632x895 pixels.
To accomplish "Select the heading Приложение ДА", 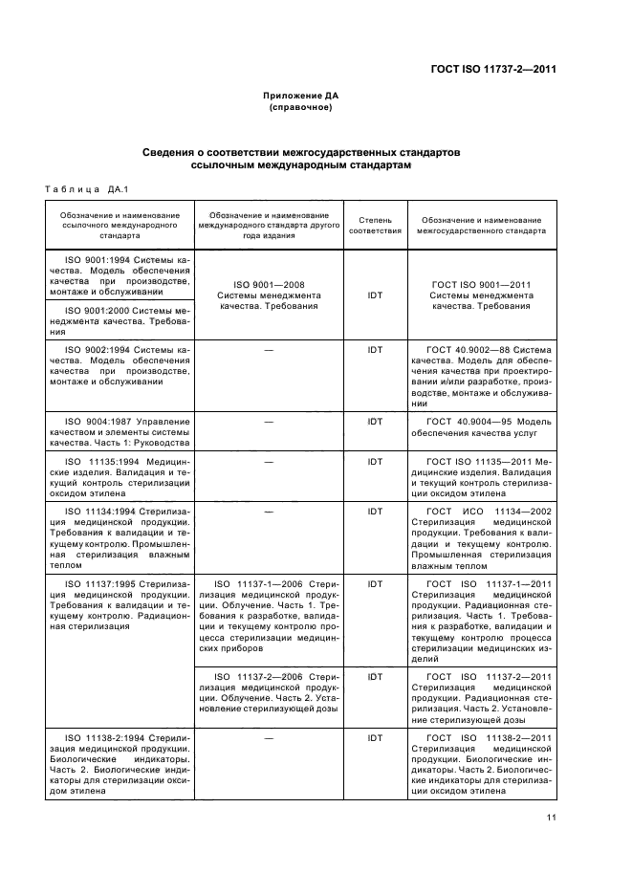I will pyautogui.click(x=301, y=96).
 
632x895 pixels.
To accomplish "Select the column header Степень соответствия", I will pyautogui.click(x=374, y=225).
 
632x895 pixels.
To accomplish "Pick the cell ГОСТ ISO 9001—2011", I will pyautogui.click(x=481, y=295).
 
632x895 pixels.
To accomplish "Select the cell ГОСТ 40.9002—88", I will pyautogui.click(x=481, y=377).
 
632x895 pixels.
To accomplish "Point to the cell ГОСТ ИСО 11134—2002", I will pyautogui.click(x=481, y=537).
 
